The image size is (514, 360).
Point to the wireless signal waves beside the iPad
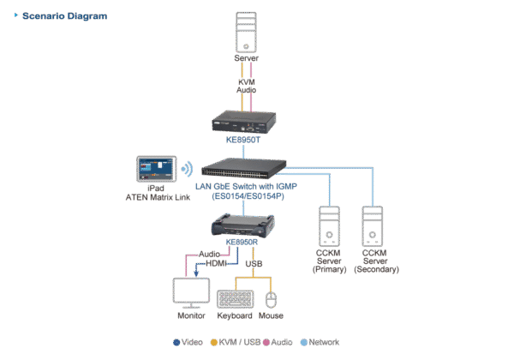click(x=185, y=168)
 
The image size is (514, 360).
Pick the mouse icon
click(x=272, y=299)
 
